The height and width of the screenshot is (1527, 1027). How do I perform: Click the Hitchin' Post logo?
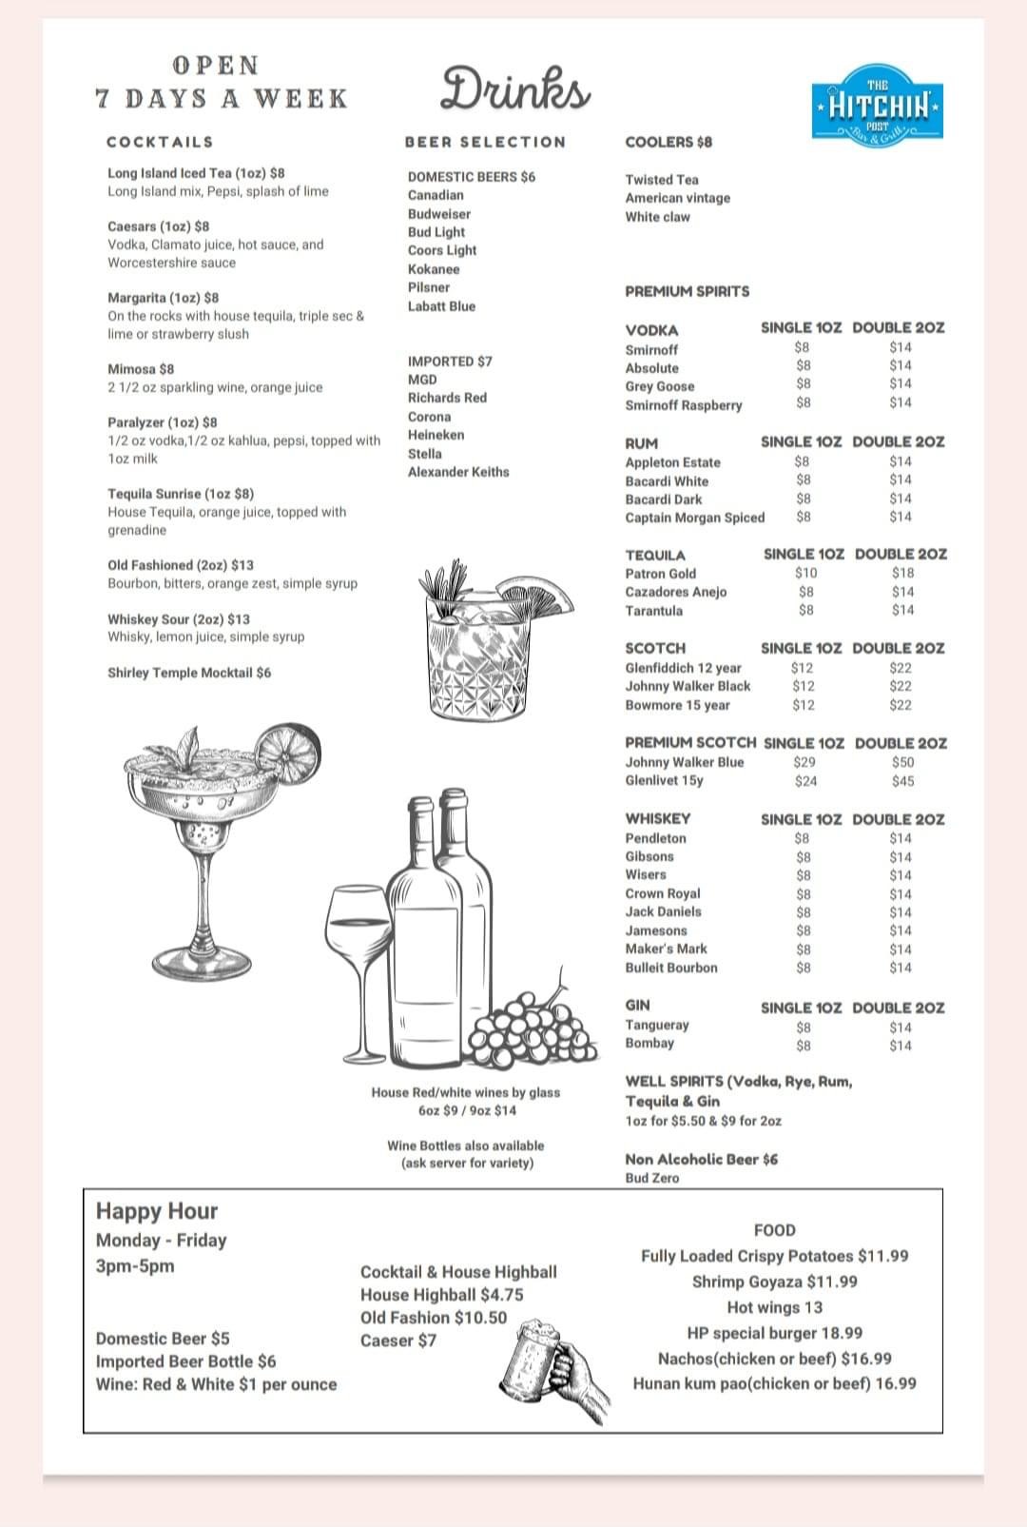tap(878, 104)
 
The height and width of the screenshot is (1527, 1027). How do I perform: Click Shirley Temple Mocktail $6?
tap(189, 673)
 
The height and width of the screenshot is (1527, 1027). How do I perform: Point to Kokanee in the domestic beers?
tap(434, 269)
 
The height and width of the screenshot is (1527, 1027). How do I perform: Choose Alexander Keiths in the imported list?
tap(458, 472)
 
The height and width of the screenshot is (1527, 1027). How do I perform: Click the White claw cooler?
tap(658, 217)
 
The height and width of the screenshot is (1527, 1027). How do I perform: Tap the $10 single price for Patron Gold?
tap(805, 573)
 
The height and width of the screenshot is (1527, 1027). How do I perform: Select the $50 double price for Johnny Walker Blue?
tap(902, 762)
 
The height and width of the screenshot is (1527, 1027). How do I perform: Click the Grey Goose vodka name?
tap(660, 386)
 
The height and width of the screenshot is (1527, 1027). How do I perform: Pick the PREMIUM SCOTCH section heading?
tap(690, 742)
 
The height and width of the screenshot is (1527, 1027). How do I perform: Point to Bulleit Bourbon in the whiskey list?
tap(671, 968)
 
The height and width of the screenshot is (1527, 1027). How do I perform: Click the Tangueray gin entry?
tap(657, 1025)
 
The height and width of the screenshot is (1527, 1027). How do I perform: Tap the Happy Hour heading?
tap(157, 1211)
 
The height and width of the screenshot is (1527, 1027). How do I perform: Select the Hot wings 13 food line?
tap(774, 1307)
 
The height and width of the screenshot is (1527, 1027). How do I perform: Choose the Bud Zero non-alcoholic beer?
tap(652, 1178)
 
